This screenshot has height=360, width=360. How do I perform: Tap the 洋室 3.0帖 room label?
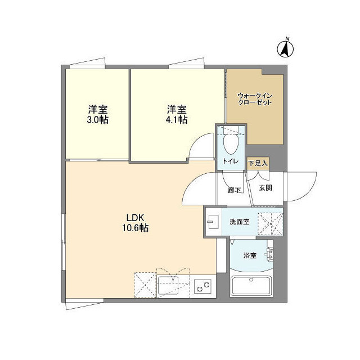click(98, 114)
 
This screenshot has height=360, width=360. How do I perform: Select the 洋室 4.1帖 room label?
click(176, 114)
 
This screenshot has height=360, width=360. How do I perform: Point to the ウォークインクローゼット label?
click(254, 99)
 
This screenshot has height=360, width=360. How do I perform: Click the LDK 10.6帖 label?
click(137, 223)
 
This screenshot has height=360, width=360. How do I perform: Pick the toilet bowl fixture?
click(229, 145)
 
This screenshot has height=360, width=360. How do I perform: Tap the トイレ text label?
click(231, 162)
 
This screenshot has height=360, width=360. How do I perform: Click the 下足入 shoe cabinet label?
click(258, 163)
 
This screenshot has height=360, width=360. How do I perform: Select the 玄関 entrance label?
click(265, 188)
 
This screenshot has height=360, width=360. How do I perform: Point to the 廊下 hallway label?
click(234, 190)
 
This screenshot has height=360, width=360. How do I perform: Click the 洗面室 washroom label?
click(239, 222)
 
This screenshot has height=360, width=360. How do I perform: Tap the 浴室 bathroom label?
click(250, 255)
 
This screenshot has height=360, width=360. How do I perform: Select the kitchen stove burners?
click(202, 287)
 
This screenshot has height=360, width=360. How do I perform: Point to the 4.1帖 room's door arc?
click(200, 147)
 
